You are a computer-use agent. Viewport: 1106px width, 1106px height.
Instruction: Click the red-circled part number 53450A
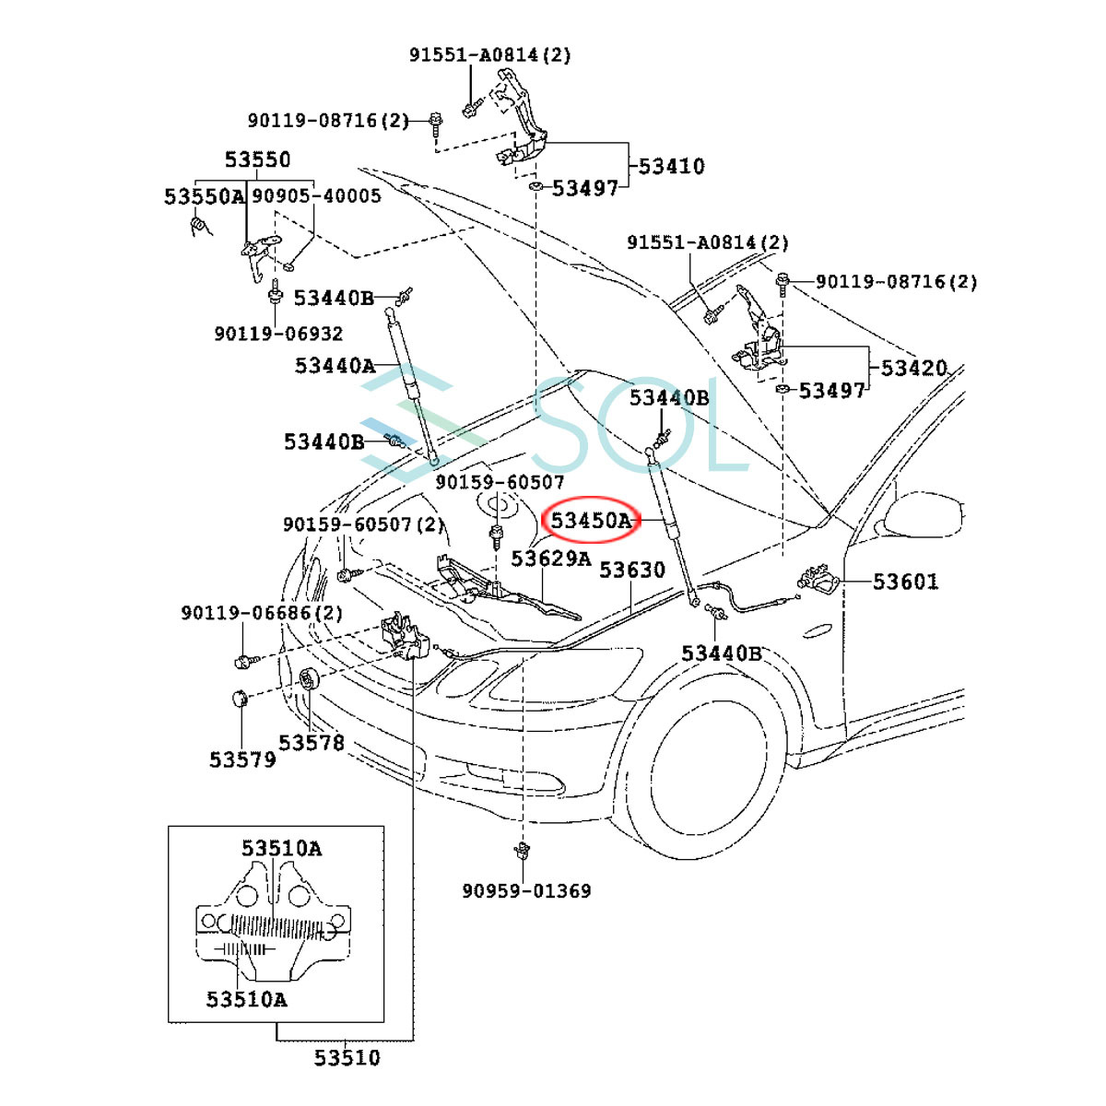pyautogui.click(x=591, y=521)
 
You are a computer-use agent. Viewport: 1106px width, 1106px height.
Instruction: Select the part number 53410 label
pyautogui.click(x=671, y=167)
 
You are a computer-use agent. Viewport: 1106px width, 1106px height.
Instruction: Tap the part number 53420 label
pyautogui.click(x=913, y=368)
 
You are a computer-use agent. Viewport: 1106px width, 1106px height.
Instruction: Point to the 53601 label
pyautogui.click(x=905, y=582)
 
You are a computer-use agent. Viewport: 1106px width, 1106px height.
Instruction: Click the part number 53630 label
pyautogui.click(x=632, y=570)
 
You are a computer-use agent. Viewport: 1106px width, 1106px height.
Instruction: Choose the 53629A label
pyautogui.click(x=551, y=559)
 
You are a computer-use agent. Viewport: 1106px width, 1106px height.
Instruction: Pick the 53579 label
pyautogui.click(x=242, y=759)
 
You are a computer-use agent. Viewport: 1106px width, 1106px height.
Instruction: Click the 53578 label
pyautogui.click(x=312, y=742)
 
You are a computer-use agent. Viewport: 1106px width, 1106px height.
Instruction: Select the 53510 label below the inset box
pyautogui.click(x=347, y=1057)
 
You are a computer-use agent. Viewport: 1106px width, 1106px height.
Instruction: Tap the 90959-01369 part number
pyautogui.click(x=526, y=890)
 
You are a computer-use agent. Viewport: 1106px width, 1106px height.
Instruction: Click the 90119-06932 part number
pyautogui.click(x=278, y=334)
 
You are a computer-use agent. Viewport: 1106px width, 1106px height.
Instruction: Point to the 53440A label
pyautogui.click(x=335, y=366)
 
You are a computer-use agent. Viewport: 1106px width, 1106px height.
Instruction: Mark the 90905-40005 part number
pyautogui.click(x=316, y=195)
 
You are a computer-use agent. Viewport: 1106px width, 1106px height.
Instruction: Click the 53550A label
pyautogui.click(x=205, y=196)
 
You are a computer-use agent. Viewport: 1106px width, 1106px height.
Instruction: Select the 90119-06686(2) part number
pyautogui.click(x=262, y=613)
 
